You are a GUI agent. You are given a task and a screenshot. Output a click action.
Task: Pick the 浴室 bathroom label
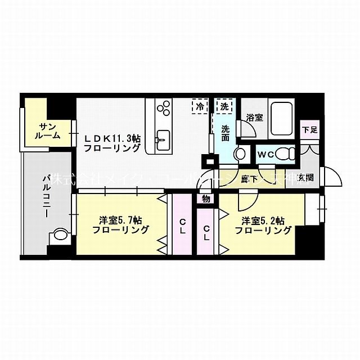point(255,118)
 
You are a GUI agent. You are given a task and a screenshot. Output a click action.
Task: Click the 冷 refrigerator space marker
point(200,105)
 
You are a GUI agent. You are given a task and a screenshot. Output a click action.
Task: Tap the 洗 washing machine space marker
point(224,105)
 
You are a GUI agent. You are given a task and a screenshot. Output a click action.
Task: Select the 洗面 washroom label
point(225,132)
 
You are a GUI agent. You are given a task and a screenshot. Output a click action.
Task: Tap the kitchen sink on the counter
point(164,137)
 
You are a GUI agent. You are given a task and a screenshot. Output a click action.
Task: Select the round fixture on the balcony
point(60,236)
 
